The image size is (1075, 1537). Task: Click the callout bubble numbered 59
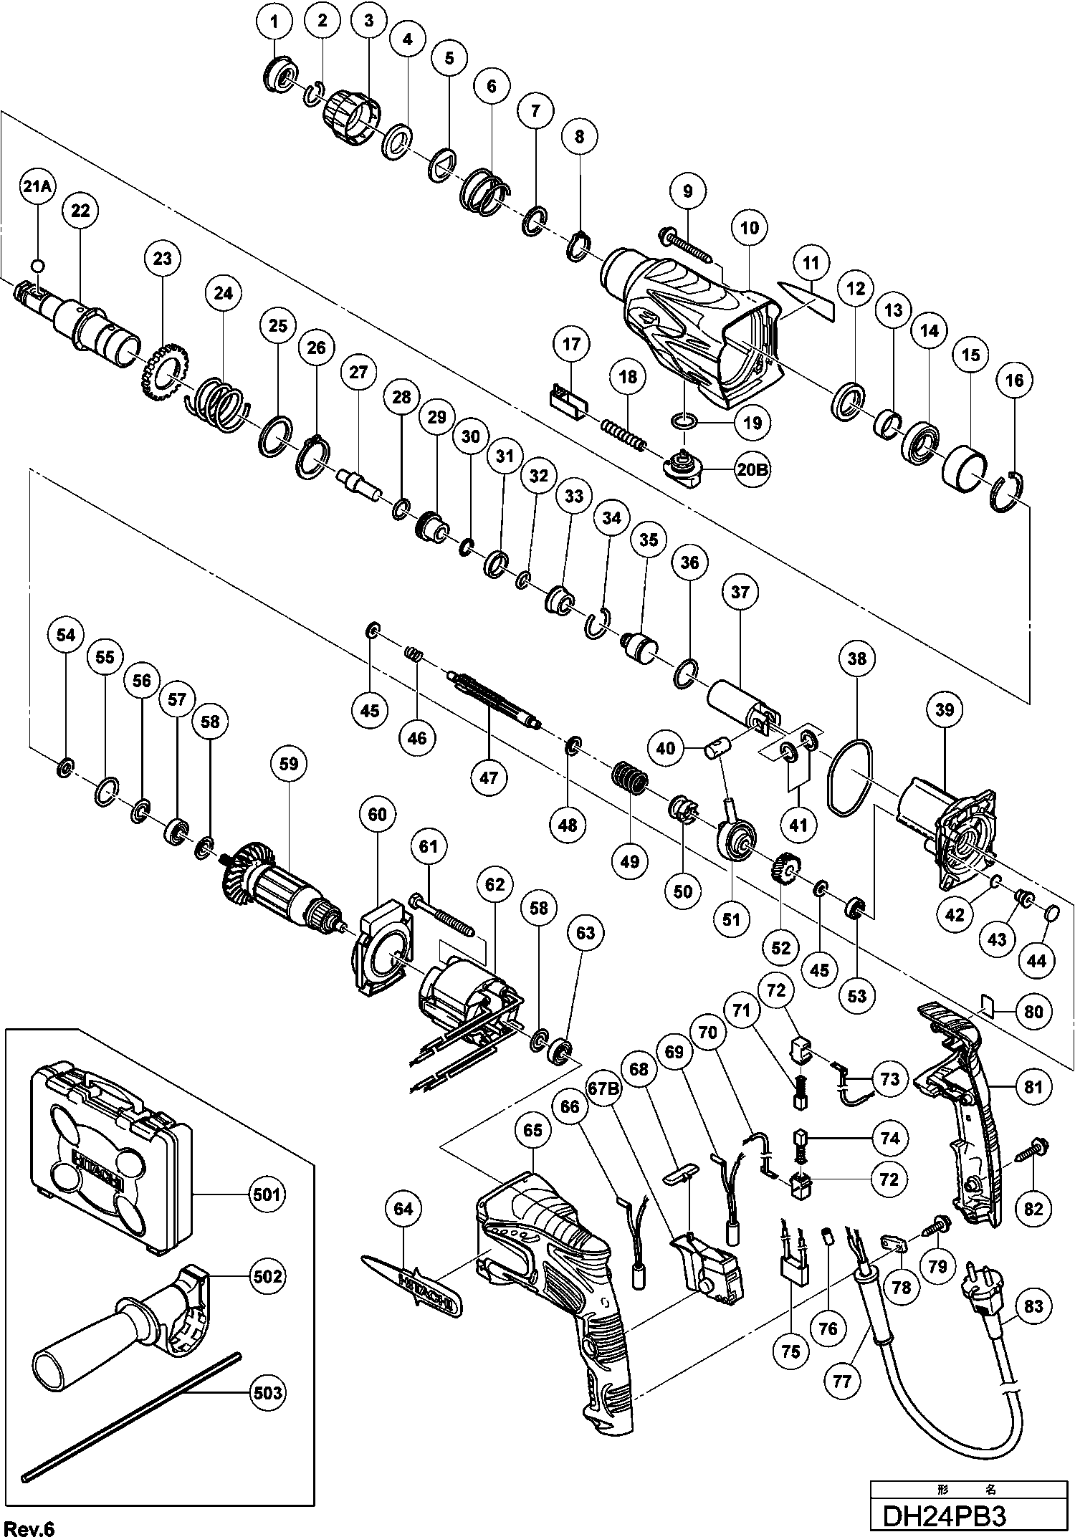[288, 763]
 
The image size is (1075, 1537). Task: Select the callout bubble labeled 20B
[750, 471]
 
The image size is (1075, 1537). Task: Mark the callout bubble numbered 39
[945, 709]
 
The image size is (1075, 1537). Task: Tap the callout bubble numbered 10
[750, 228]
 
